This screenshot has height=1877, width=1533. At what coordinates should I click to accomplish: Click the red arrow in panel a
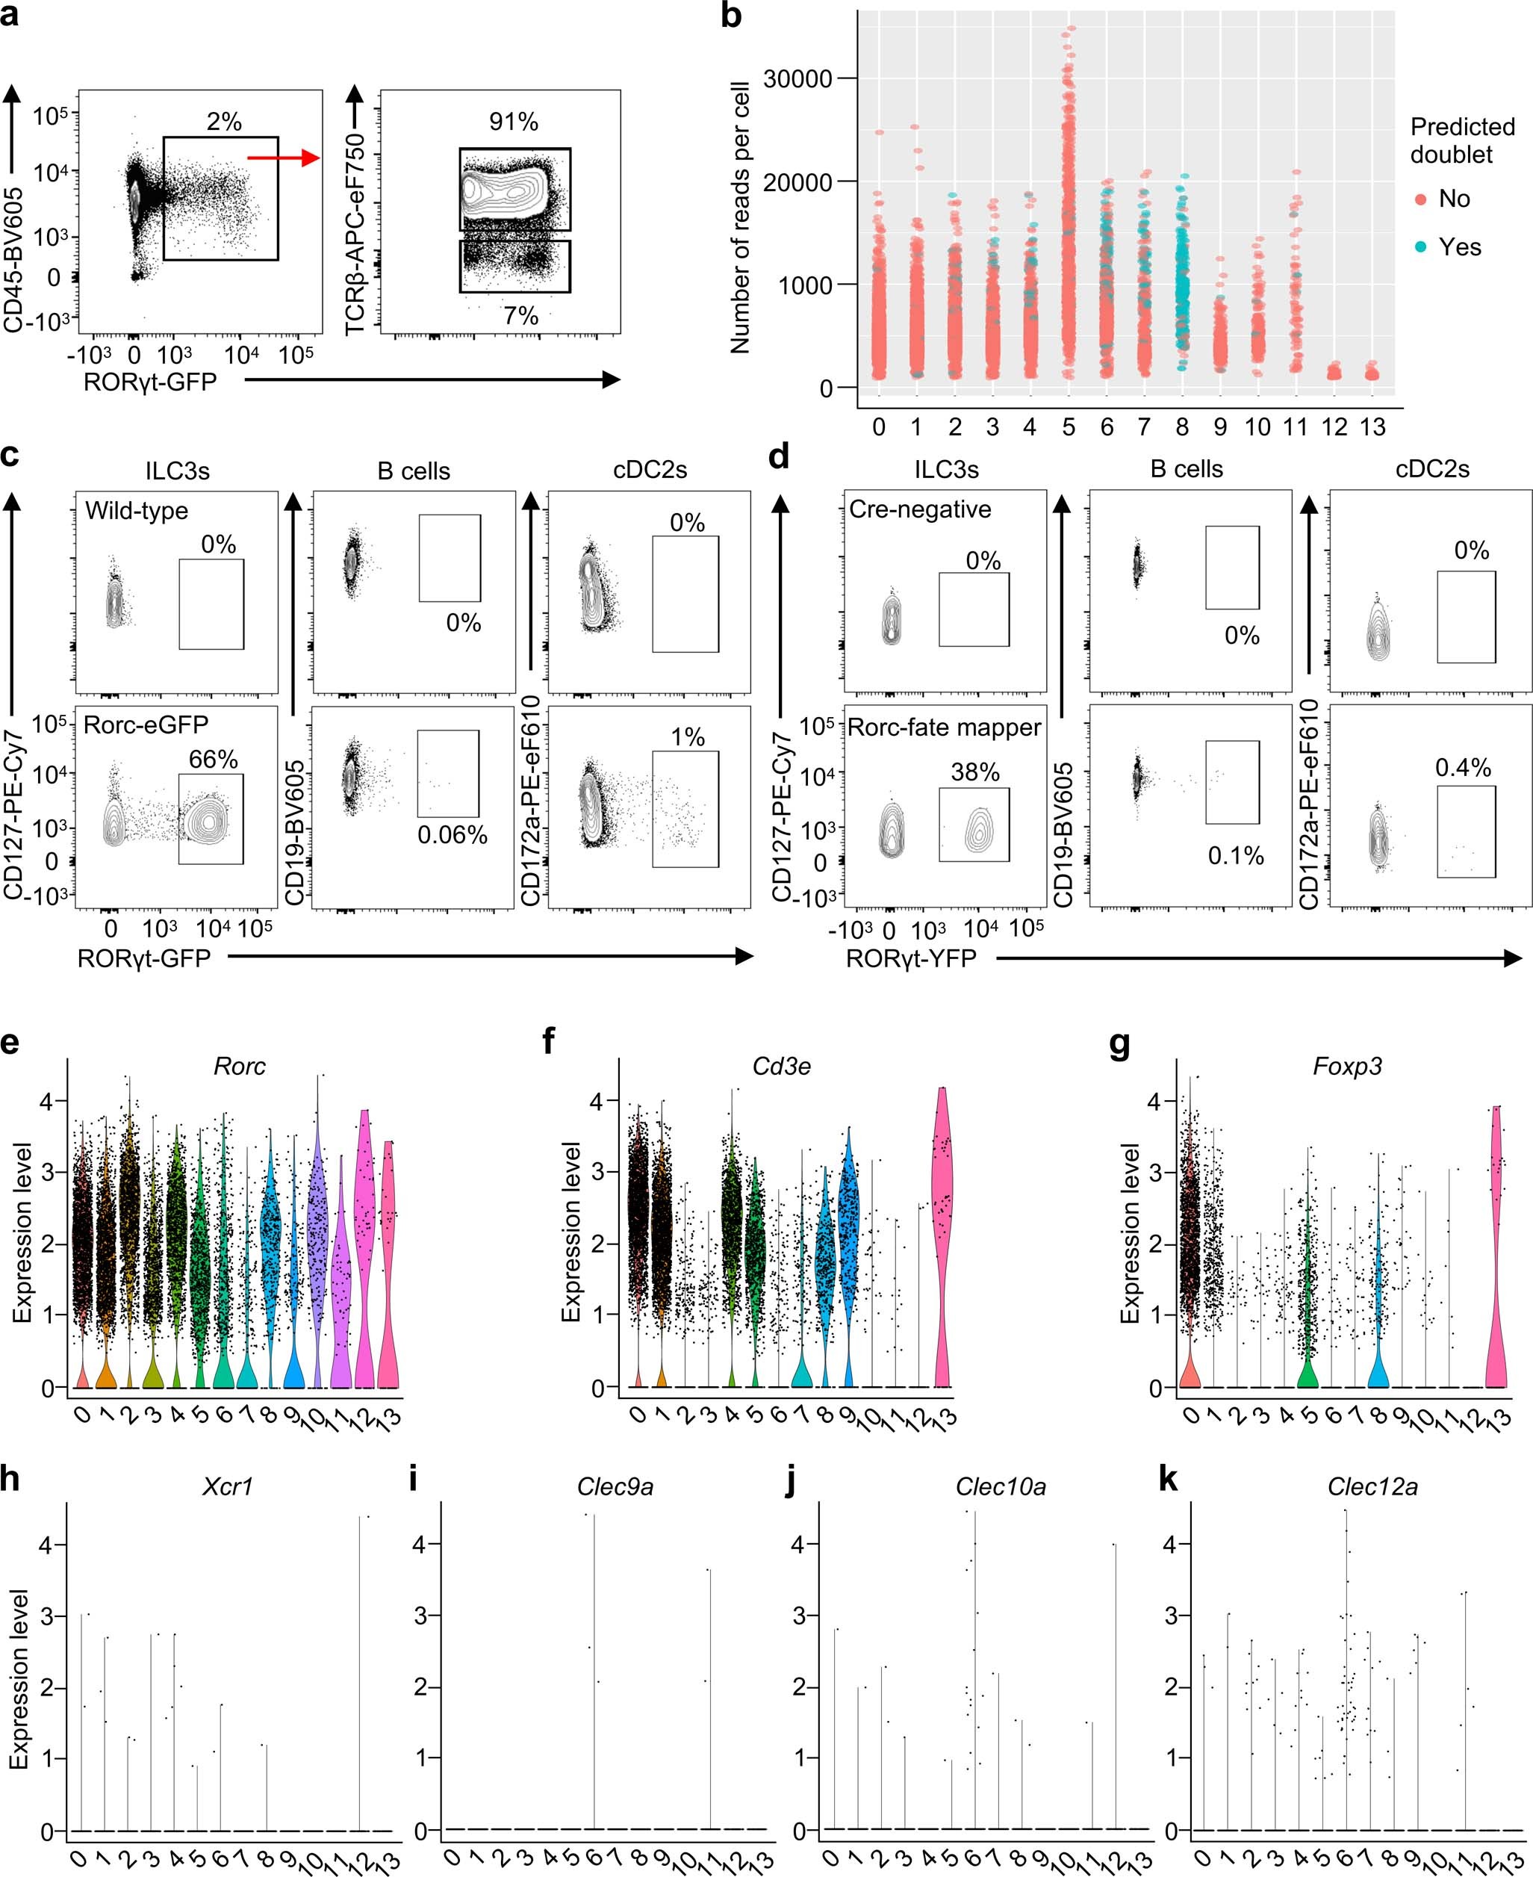(282, 158)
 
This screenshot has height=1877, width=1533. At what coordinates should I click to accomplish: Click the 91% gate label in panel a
(513, 122)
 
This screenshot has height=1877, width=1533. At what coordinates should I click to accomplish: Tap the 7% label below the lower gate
(521, 315)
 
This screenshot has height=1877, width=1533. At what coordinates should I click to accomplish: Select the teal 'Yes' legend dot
(1421, 248)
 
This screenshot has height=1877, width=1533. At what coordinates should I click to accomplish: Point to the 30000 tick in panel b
(797, 78)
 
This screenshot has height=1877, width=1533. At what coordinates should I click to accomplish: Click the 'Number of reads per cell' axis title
(740, 218)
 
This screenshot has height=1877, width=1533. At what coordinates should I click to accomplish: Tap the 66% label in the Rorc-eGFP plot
(213, 759)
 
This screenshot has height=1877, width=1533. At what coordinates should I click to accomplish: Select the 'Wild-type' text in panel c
(136, 511)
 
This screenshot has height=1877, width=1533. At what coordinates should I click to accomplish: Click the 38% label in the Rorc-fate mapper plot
(975, 772)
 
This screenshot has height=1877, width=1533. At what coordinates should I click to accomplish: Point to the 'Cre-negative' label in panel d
(919, 509)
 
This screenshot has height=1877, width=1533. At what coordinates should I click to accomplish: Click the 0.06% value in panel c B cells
(452, 835)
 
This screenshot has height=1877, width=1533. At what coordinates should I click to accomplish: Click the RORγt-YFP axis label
(910, 958)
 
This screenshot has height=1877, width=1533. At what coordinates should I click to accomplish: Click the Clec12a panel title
(1372, 1486)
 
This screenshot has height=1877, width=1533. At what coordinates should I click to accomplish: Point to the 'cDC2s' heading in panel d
(1432, 469)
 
